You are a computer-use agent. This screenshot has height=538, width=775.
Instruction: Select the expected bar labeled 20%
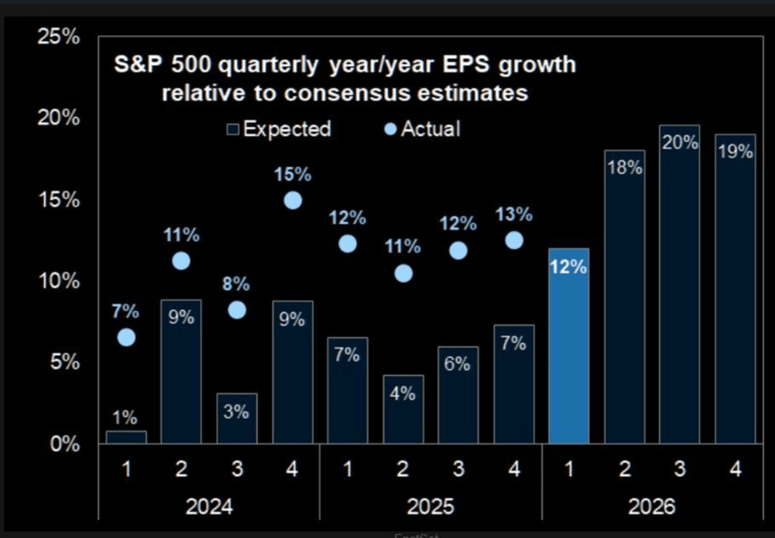pyautogui.click(x=679, y=284)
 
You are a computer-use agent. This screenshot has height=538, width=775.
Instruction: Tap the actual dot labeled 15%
pyautogui.click(x=293, y=200)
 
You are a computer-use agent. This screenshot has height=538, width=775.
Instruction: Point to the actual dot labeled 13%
pyautogui.click(x=514, y=240)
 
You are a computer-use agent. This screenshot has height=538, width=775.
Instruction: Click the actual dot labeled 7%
pyautogui.click(x=126, y=337)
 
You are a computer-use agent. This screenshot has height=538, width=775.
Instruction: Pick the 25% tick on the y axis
pyautogui.click(x=58, y=37)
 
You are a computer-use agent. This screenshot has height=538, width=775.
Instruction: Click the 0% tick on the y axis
pyautogui.click(x=64, y=444)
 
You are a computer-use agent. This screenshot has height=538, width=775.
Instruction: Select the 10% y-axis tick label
pyautogui.click(x=58, y=281)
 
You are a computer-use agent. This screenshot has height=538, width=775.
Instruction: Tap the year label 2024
pyautogui.click(x=209, y=506)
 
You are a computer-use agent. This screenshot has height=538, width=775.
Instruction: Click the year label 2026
pyautogui.click(x=652, y=506)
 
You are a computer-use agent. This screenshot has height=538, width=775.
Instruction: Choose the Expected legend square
pyautogui.click(x=233, y=129)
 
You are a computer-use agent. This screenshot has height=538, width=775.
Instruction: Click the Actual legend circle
pyautogui.click(x=390, y=129)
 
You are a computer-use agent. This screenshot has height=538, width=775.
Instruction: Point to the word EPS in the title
pyautogui.click(x=466, y=64)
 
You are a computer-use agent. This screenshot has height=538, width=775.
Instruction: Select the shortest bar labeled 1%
pyautogui.click(x=126, y=437)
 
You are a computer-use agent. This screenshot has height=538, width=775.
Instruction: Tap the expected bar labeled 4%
pyautogui.click(x=403, y=409)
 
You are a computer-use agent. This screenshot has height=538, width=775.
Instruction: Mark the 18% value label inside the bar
pyautogui.click(x=624, y=167)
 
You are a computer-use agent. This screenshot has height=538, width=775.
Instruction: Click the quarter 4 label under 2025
pyautogui.click(x=514, y=469)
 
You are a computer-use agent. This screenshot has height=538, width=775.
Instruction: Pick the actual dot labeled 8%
pyautogui.click(x=237, y=310)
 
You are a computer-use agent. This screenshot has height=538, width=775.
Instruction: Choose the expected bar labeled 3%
pyautogui.click(x=237, y=419)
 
